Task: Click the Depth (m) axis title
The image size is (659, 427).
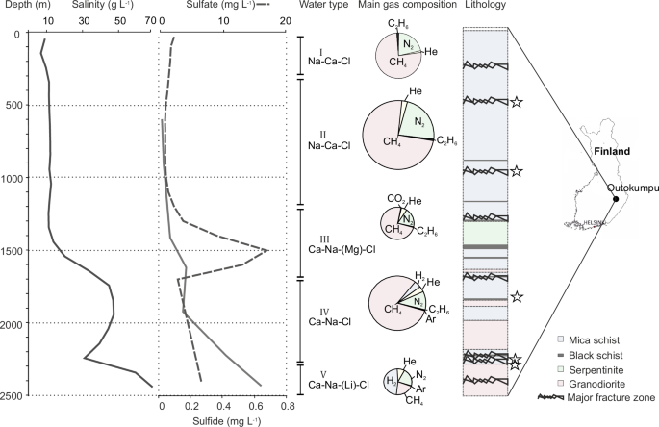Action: click(x=20, y=7)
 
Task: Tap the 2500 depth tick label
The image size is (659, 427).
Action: click(x=14, y=395)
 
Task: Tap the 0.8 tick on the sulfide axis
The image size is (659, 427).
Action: click(x=285, y=406)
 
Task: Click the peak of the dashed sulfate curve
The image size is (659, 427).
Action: click(x=267, y=250)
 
